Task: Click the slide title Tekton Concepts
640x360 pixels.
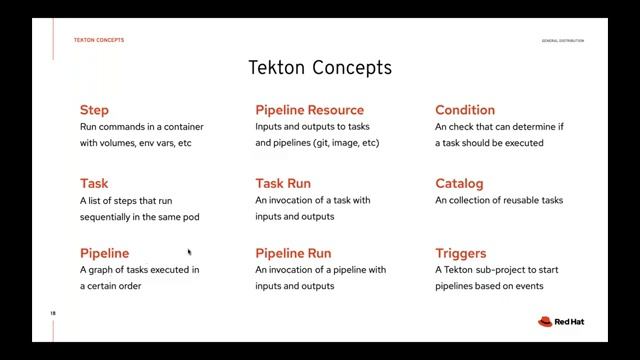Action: pyautogui.click(x=319, y=68)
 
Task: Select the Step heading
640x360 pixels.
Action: pyautogui.click(x=94, y=110)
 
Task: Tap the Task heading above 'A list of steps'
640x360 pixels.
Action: pyautogui.click(x=94, y=184)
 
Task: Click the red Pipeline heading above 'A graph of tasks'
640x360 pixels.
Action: pyautogui.click(x=104, y=254)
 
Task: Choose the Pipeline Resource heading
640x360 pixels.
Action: pyautogui.click(x=309, y=110)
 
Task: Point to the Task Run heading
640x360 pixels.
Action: pyautogui.click(x=283, y=184)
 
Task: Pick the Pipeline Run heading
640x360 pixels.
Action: pyautogui.click(x=293, y=254)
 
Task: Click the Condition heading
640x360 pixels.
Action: pyautogui.click(x=464, y=110)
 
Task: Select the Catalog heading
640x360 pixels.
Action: pyautogui.click(x=459, y=184)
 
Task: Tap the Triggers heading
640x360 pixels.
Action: pyautogui.click(x=460, y=254)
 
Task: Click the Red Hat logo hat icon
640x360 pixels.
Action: pyautogui.click(x=545, y=322)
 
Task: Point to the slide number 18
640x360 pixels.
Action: pyautogui.click(x=53, y=314)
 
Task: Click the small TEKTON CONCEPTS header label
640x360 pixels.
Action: pyautogui.click(x=99, y=40)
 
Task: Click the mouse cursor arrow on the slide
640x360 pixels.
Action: pyautogui.click(x=188, y=253)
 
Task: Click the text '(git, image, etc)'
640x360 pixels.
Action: pyautogui.click(x=345, y=143)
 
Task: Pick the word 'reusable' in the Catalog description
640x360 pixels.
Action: pyautogui.click(x=509, y=200)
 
